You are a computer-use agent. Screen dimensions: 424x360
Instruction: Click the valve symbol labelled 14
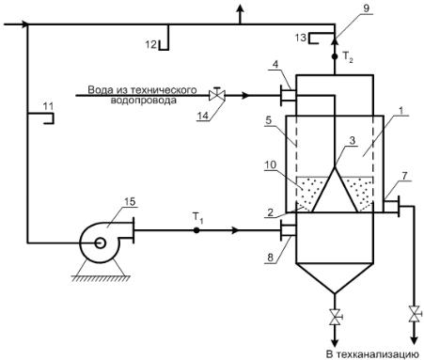(217, 94)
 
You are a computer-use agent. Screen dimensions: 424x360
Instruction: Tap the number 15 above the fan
(130, 202)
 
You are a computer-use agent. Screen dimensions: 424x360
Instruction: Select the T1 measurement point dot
(196, 230)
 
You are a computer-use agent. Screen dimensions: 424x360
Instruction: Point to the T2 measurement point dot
(335, 56)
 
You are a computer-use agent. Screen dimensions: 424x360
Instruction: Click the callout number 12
(150, 44)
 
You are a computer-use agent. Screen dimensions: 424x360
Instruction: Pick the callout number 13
(301, 38)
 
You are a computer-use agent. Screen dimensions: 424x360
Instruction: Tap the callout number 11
(48, 106)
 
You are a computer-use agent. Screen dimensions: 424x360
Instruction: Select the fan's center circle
(100, 243)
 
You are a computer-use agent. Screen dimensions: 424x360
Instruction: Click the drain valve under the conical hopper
(335, 317)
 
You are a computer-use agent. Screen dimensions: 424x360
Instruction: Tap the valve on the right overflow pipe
(415, 314)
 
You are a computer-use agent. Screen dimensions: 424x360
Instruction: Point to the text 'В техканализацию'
(372, 354)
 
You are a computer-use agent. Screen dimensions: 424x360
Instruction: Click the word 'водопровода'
(143, 101)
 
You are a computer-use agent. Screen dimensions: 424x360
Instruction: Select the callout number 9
(367, 8)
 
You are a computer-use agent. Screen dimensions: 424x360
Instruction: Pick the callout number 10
(271, 164)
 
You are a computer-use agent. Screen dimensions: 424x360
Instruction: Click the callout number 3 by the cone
(353, 141)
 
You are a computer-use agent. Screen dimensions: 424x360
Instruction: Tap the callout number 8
(270, 258)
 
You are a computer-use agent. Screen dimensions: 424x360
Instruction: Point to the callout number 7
(404, 176)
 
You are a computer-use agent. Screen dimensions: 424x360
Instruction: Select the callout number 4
(275, 65)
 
